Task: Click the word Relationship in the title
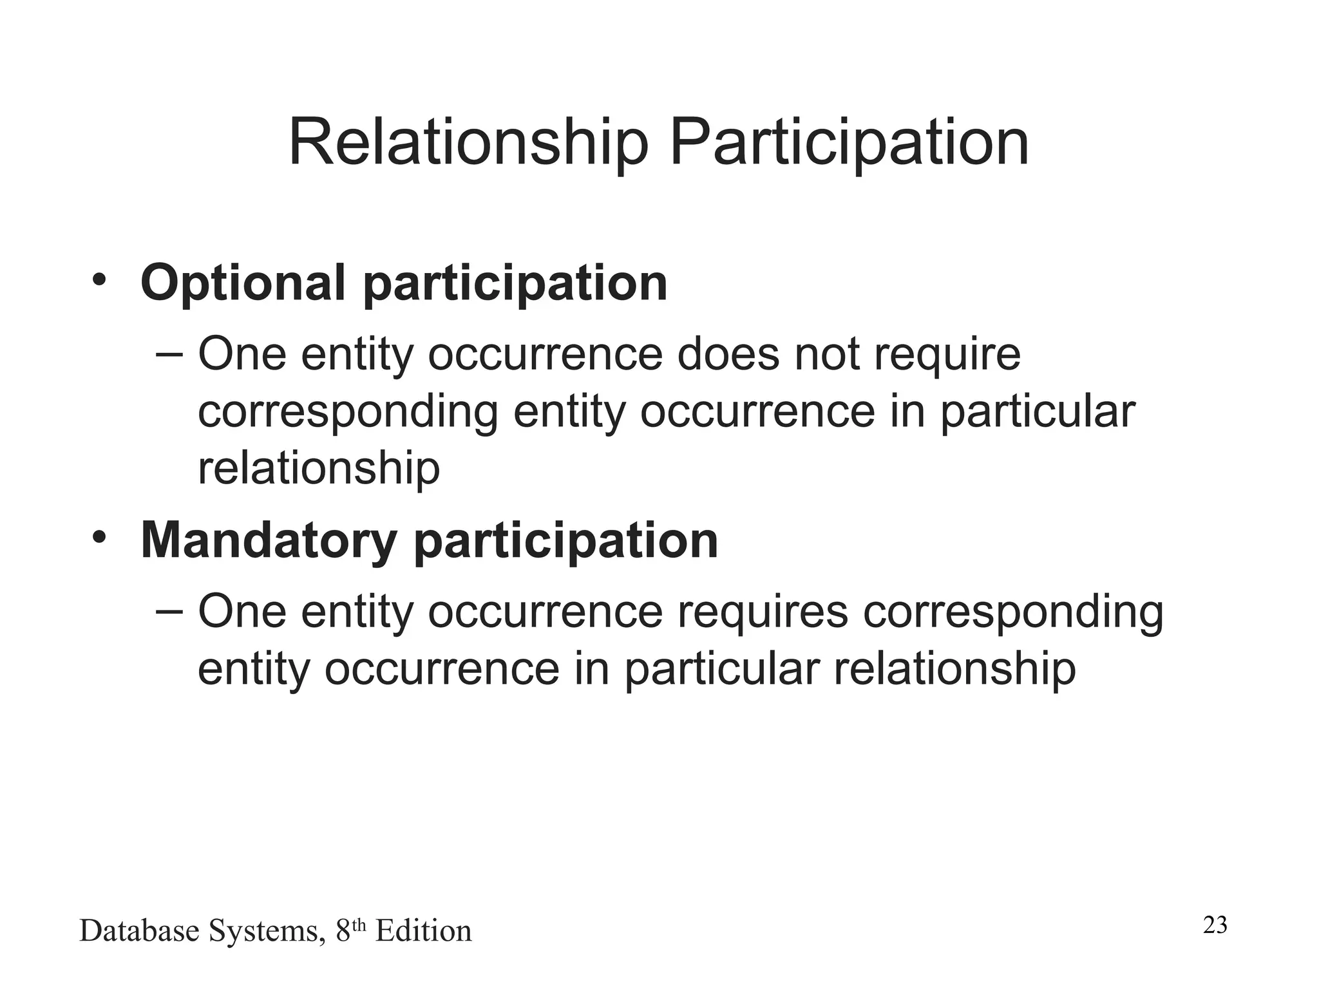[468, 143]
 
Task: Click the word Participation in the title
[849, 143]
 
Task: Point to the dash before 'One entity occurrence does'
[169, 353]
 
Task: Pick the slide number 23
[1215, 925]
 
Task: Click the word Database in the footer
[139, 931]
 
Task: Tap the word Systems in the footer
[267, 932]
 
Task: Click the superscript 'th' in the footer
[359, 925]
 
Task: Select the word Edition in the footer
[423, 931]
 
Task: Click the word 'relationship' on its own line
[319, 468]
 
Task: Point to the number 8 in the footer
[343, 931]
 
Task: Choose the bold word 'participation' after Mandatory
[565, 542]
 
